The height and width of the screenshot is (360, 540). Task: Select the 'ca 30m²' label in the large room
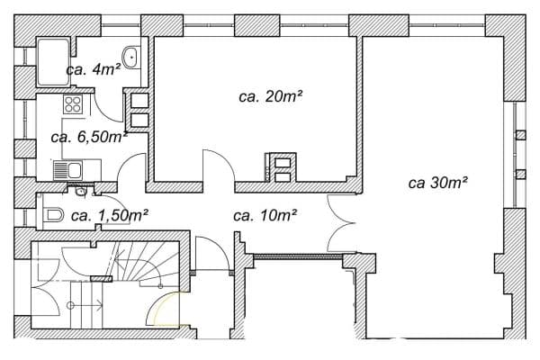tap(436, 182)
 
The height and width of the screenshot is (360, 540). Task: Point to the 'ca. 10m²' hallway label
tap(265, 215)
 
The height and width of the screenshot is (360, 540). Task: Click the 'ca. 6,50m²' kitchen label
tap(88, 137)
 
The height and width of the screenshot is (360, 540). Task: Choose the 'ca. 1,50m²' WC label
tap(109, 215)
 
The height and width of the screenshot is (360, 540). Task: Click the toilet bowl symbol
tap(53, 215)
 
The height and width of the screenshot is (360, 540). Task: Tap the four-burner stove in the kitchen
tap(72, 105)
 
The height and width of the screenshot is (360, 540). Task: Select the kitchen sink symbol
tap(67, 169)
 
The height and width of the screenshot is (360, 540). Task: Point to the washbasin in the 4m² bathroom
tap(132, 57)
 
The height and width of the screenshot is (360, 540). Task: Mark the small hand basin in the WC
tap(82, 191)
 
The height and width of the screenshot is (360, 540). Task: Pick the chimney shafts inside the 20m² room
tap(281, 168)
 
